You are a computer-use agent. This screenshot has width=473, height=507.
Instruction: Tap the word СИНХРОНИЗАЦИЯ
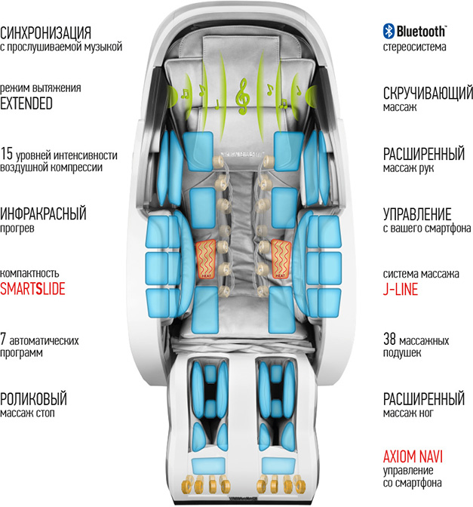coord(46,33)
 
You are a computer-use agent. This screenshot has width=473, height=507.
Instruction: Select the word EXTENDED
coord(27,103)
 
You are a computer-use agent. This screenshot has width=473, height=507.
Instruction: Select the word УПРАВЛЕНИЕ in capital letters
coord(417,214)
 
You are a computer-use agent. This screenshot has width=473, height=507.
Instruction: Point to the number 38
coord(390,339)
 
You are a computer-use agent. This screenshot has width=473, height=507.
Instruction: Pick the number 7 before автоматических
coord(4,339)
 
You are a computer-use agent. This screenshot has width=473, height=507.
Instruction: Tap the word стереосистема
coord(414,47)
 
